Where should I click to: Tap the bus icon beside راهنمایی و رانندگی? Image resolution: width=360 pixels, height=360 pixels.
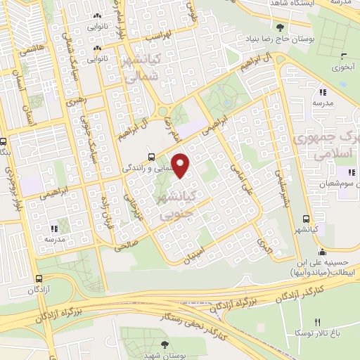click(x=150, y=156)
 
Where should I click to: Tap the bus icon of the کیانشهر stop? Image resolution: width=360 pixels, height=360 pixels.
click(x=305, y=219)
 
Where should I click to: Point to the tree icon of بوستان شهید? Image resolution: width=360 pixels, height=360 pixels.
click(x=165, y=344)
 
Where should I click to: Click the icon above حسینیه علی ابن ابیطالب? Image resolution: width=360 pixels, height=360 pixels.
click(x=322, y=253)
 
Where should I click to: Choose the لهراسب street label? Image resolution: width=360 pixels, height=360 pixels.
click(x=157, y=37)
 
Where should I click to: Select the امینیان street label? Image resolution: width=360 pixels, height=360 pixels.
click(x=196, y=254)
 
